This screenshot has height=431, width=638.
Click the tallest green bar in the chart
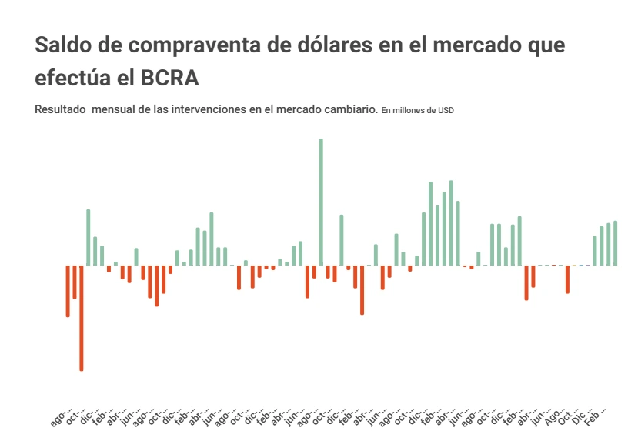point(321,202)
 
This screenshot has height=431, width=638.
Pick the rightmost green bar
point(615,243)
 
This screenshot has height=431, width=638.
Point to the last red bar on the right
point(567,279)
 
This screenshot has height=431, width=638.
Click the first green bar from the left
point(89,237)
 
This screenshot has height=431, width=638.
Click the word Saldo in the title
point(62,45)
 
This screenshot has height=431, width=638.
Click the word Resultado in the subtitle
point(60,109)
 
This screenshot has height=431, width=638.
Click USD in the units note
point(446,110)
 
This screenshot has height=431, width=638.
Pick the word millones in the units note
point(409,110)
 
